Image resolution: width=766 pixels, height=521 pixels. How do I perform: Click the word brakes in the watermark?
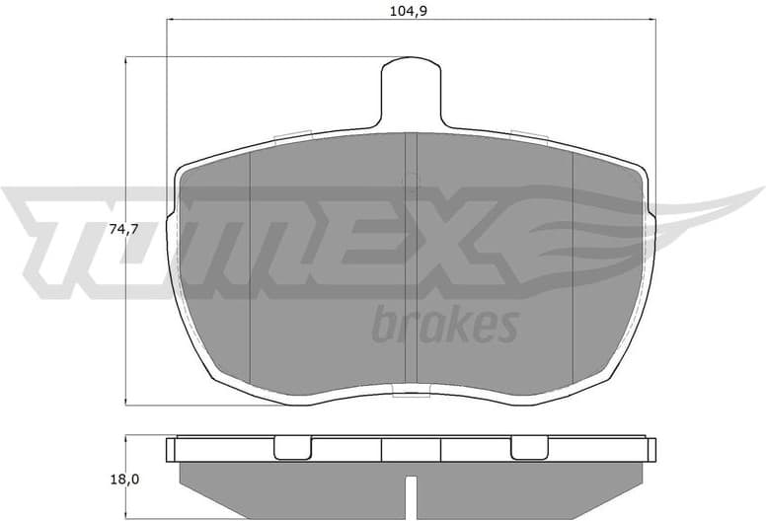coord(444,325)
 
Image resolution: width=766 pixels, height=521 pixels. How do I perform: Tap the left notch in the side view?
coord(290,449)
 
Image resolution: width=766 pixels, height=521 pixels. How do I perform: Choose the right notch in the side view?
coord(530,449)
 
